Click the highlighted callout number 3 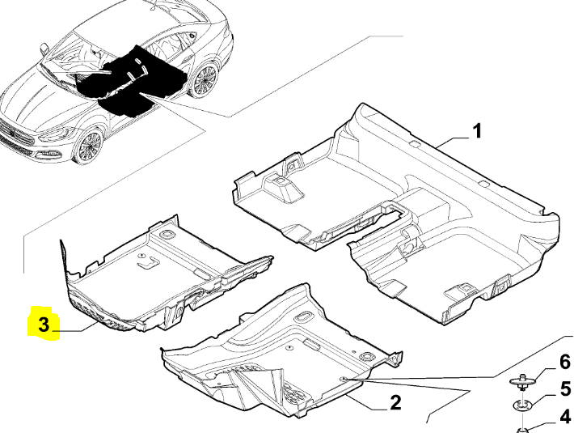(x=44, y=325)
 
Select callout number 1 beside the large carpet (x=476, y=131)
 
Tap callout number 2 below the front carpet (x=395, y=402)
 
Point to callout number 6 (x=565, y=362)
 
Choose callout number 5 (x=565, y=389)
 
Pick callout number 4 (x=565, y=417)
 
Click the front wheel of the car (x=87, y=146)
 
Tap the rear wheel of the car (x=204, y=81)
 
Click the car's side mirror (x=44, y=49)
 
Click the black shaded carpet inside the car (x=128, y=80)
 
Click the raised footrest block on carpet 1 (x=284, y=187)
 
